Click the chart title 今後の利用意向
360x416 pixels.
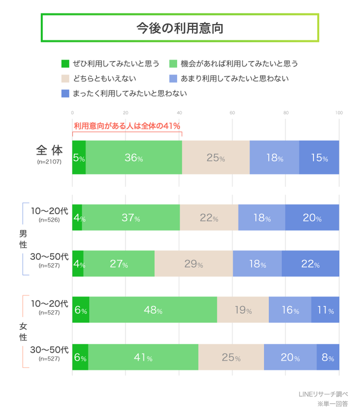[179, 28]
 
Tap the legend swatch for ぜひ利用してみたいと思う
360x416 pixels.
[64, 64]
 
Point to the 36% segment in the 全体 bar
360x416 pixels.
[133, 158]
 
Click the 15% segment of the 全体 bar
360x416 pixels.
[319, 158]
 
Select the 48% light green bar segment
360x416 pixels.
[153, 310]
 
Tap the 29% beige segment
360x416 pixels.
[193, 263]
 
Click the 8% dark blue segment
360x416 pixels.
[328, 358]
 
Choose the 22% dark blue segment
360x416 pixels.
[310, 263]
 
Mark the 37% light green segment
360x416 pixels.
[130, 218]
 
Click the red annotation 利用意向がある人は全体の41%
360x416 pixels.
[127, 126]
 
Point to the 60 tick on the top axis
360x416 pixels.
[232, 113]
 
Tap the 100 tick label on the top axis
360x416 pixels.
[338, 113]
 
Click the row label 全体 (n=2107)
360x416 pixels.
[49, 154]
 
